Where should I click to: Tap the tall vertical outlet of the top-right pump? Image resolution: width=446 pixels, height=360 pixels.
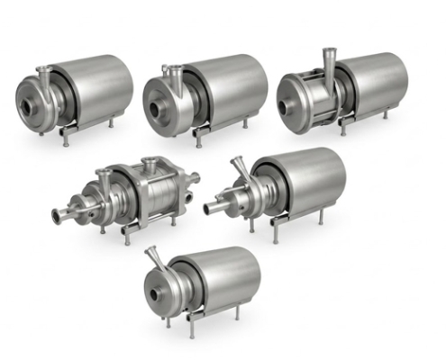point(327,59)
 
